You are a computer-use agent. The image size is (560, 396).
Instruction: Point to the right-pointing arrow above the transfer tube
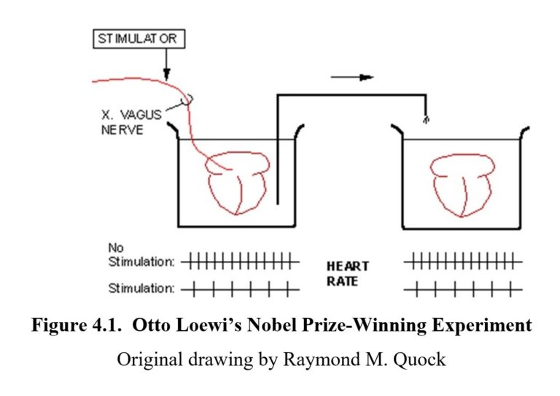(x=353, y=76)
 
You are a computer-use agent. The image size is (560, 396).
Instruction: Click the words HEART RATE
(x=347, y=274)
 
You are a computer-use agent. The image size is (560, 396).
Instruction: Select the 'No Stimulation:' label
(x=140, y=255)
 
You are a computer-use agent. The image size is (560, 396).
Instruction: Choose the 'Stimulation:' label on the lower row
(x=141, y=289)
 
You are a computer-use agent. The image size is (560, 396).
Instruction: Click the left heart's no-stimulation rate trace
(x=241, y=259)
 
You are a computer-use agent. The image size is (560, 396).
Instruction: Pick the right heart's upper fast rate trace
(x=462, y=259)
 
